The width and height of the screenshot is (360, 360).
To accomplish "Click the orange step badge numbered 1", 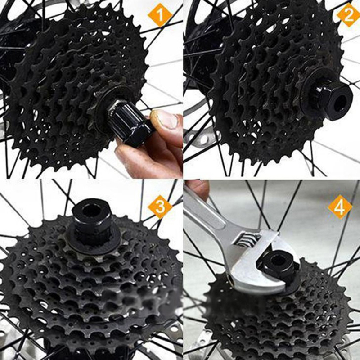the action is click(x=160, y=15).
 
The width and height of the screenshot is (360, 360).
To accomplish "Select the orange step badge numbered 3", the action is click(x=160, y=207).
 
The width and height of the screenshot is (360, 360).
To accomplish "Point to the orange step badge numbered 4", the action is click(x=340, y=207).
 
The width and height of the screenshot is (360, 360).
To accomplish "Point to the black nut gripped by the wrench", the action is click(x=277, y=264).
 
